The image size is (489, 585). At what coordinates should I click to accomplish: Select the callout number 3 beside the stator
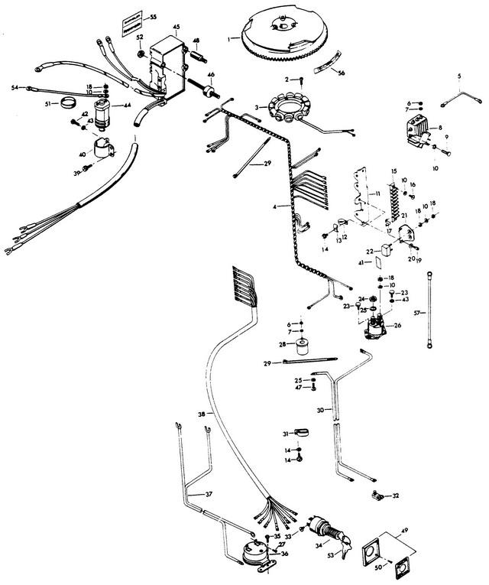click(257, 106)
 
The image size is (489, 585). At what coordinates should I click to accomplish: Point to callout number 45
click(176, 27)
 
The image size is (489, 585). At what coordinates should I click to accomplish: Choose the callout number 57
click(417, 314)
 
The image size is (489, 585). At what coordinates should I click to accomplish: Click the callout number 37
click(209, 494)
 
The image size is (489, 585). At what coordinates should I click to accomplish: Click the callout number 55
click(153, 16)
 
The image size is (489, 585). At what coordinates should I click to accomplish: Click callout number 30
click(319, 409)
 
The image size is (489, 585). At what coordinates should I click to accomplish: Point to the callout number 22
click(368, 251)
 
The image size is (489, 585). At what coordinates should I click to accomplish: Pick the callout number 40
click(83, 154)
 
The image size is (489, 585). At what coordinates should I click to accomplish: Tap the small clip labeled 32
click(377, 498)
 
